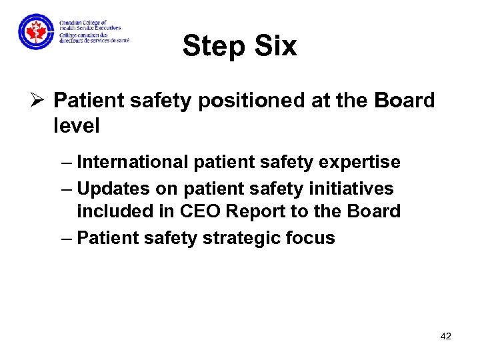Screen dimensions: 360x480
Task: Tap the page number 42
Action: click(x=446, y=336)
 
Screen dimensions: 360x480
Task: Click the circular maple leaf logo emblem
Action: click(x=36, y=31)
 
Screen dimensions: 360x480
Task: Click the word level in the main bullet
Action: click(x=76, y=125)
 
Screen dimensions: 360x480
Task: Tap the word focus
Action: click(x=312, y=238)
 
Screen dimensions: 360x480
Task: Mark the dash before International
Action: click(x=67, y=163)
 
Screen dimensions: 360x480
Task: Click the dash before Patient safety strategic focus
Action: click(x=67, y=239)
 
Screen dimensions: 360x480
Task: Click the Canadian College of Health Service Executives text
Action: click(x=90, y=26)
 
